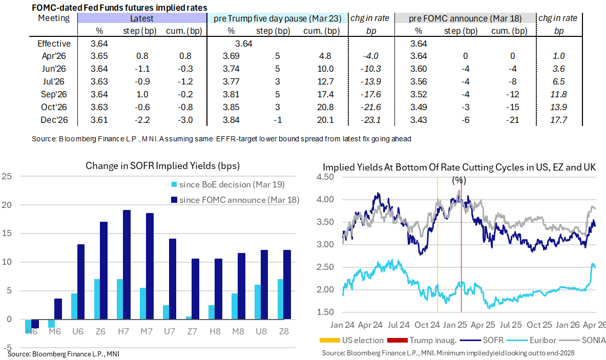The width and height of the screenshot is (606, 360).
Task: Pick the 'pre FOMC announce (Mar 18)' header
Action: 465,18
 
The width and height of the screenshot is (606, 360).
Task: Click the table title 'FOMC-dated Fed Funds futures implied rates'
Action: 120,8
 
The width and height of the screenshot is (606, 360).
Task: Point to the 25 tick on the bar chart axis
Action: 7,177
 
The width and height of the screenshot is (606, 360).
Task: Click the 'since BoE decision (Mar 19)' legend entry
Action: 226,184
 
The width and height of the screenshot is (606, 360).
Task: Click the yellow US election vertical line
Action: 437,246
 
